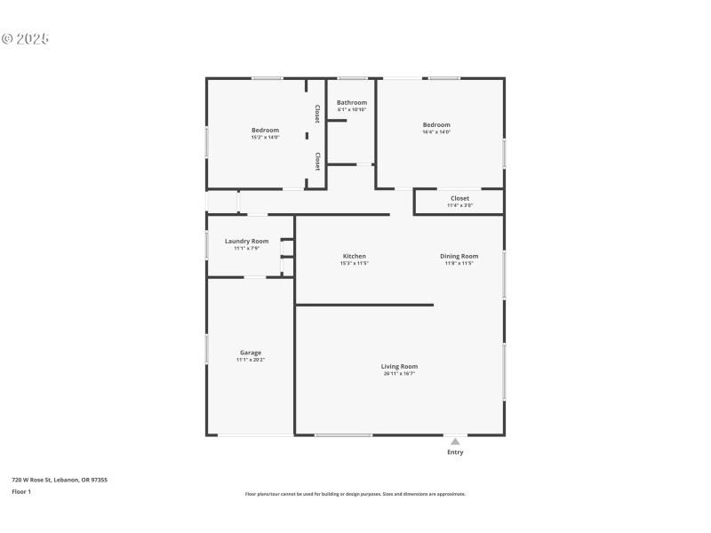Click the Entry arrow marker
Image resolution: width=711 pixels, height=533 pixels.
[455, 441]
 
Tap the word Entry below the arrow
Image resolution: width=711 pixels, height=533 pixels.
[455, 452]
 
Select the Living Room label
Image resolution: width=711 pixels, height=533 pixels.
[399, 366]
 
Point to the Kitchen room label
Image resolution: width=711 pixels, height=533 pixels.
[354, 256]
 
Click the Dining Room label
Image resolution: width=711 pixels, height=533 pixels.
[459, 256]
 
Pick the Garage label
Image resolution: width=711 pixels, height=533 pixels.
[250, 353]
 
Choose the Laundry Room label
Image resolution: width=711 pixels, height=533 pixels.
[246, 241]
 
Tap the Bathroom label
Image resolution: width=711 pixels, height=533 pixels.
[351, 102]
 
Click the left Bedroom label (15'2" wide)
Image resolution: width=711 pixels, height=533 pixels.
[265, 130]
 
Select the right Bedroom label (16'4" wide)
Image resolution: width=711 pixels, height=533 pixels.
[436, 124]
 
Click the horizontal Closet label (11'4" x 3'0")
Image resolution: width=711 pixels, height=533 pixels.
[459, 198]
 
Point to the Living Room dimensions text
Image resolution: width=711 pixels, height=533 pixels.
[399, 374]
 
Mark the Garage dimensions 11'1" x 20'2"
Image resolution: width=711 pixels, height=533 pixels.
[250, 360]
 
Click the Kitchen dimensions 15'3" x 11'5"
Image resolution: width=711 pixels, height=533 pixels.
[354, 263]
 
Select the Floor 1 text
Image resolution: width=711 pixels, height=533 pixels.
[21, 491]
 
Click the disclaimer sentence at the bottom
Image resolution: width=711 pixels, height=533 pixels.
[355, 494]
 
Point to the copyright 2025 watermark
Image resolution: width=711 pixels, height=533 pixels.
[25, 39]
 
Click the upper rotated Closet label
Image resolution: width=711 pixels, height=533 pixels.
[317, 114]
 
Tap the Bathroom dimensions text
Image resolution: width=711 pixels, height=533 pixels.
[351, 109]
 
